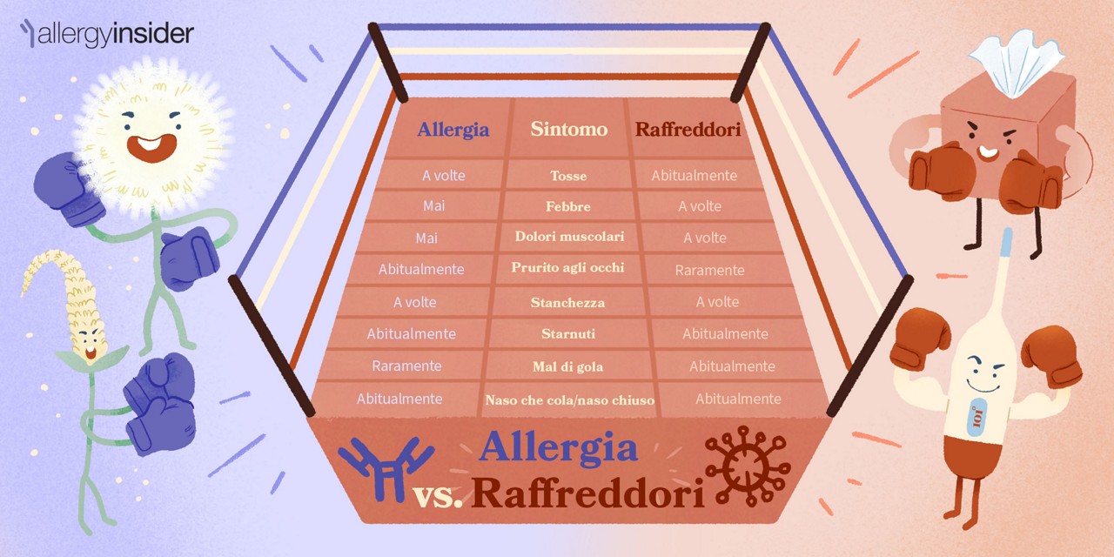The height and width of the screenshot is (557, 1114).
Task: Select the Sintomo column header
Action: tap(568, 130)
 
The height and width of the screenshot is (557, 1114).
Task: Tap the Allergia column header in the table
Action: tap(453, 131)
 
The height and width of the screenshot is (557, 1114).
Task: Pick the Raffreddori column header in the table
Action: tap(688, 131)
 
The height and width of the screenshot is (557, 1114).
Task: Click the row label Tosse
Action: tap(568, 176)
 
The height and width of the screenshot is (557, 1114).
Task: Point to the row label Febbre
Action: tap(568, 206)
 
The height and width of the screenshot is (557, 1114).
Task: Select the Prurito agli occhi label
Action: tap(567, 268)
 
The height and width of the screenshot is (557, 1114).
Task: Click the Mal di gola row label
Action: tap(567, 366)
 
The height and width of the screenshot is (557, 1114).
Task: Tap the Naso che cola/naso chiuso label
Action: tap(569, 400)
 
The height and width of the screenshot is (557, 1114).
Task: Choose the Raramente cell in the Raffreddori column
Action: tap(709, 270)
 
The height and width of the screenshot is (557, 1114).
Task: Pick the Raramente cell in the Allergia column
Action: tap(406, 366)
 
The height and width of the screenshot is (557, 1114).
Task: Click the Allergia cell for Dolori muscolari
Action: tap(426, 238)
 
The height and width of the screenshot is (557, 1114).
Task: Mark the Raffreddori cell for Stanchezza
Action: tap(717, 302)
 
